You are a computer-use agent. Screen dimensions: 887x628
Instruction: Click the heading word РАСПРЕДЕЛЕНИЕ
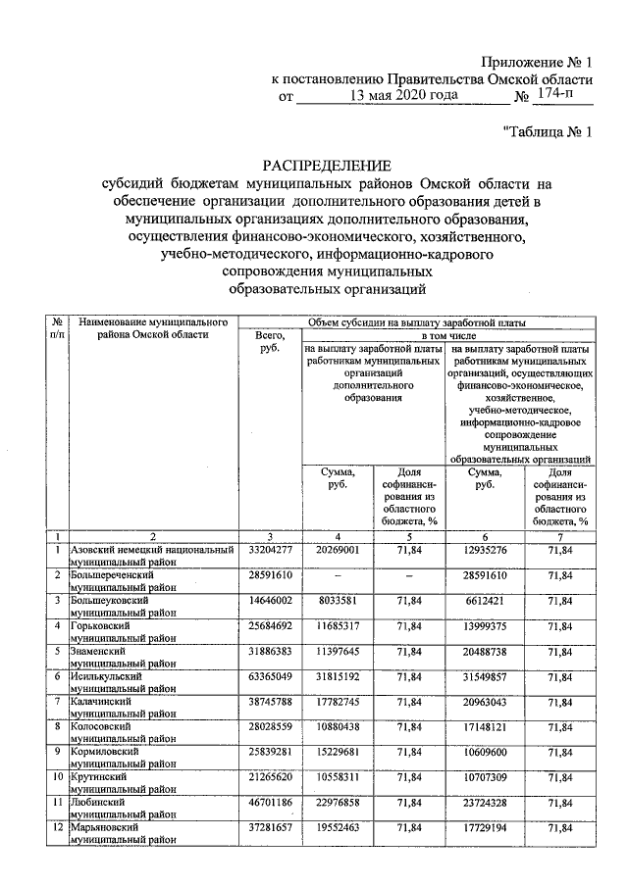click(325, 164)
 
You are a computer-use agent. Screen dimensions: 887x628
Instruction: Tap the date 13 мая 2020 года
click(403, 97)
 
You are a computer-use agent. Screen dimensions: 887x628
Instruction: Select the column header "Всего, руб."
click(268, 342)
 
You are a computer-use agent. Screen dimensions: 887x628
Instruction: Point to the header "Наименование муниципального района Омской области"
click(154, 327)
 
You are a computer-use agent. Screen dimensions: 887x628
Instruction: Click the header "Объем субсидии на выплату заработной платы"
click(416, 320)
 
